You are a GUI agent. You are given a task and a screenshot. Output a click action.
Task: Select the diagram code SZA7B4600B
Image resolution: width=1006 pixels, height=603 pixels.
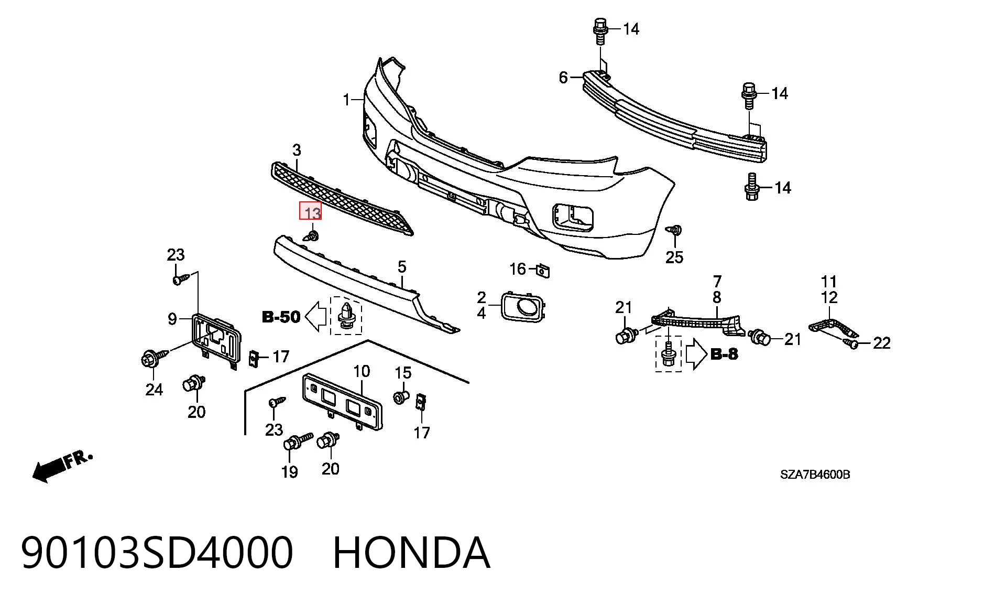tap(815, 475)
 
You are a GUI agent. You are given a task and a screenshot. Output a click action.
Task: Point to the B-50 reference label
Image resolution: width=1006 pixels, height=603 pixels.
tap(281, 317)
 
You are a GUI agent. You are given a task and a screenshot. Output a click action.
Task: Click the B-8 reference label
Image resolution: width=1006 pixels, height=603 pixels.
tap(725, 354)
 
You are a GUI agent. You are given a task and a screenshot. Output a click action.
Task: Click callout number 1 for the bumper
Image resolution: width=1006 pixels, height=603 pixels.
tap(346, 99)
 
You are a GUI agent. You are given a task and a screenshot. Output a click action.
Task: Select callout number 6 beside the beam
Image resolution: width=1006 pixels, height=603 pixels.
tap(563, 78)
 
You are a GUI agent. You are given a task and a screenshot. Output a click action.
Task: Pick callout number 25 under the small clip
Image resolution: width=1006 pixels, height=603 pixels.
tap(674, 257)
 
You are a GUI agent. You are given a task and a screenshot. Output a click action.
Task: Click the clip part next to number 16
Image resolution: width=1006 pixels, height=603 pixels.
tap(543, 271)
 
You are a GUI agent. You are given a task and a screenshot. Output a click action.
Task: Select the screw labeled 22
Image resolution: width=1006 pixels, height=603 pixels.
tap(851, 343)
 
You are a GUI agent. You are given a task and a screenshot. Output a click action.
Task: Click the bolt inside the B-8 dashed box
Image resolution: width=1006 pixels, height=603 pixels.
tap(668, 354)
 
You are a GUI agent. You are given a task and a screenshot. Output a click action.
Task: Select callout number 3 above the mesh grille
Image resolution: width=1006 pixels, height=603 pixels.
tap(297, 150)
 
